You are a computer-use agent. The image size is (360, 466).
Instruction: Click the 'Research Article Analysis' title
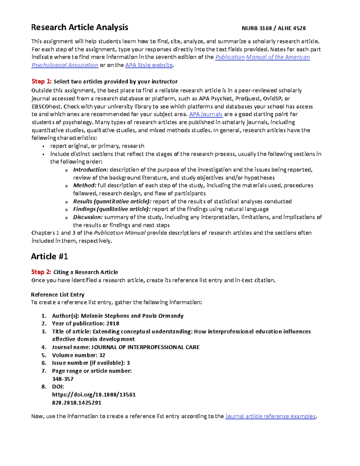(x=79, y=28)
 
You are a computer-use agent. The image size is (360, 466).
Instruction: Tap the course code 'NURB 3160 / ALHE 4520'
(x=274, y=29)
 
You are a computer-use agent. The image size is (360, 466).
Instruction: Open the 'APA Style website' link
(x=149, y=65)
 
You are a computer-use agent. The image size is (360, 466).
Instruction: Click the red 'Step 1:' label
(x=41, y=82)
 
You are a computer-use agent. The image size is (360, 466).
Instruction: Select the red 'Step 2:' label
(x=41, y=272)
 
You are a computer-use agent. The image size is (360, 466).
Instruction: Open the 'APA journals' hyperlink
(x=205, y=114)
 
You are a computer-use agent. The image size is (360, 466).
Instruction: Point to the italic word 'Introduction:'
(x=91, y=170)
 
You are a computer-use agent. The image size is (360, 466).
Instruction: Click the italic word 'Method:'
(x=85, y=185)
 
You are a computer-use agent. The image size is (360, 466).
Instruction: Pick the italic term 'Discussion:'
(x=88, y=217)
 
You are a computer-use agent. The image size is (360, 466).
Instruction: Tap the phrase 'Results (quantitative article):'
(x=112, y=201)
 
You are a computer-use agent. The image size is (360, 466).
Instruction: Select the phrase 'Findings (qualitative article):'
(x=112, y=209)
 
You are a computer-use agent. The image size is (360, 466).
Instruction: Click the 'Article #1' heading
(x=49, y=257)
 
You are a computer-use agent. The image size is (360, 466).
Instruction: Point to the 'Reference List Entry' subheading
(x=58, y=295)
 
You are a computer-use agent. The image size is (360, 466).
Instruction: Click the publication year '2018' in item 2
(x=113, y=323)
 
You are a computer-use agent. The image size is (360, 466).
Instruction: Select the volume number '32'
(x=102, y=355)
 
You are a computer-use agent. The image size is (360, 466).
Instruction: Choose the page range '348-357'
(x=63, y=379)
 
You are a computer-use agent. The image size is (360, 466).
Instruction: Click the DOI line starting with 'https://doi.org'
(x=94, y=395)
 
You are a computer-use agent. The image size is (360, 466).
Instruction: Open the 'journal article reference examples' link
(x=270, y=416)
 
